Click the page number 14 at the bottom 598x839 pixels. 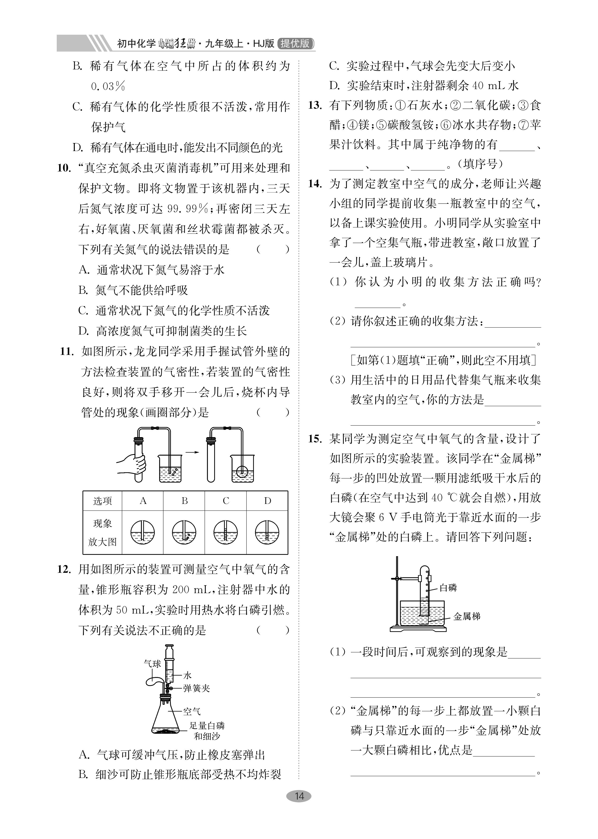(299, 796)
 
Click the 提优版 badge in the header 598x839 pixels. (295, 43)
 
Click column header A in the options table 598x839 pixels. (143, 501)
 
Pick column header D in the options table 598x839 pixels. (267, 501)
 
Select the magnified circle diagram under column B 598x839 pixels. (184, 532)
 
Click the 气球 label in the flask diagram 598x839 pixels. (152, 664)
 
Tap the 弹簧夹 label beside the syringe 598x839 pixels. (196, 688)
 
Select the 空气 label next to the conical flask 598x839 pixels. (192, 711)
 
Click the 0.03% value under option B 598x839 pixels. (108, 87)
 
